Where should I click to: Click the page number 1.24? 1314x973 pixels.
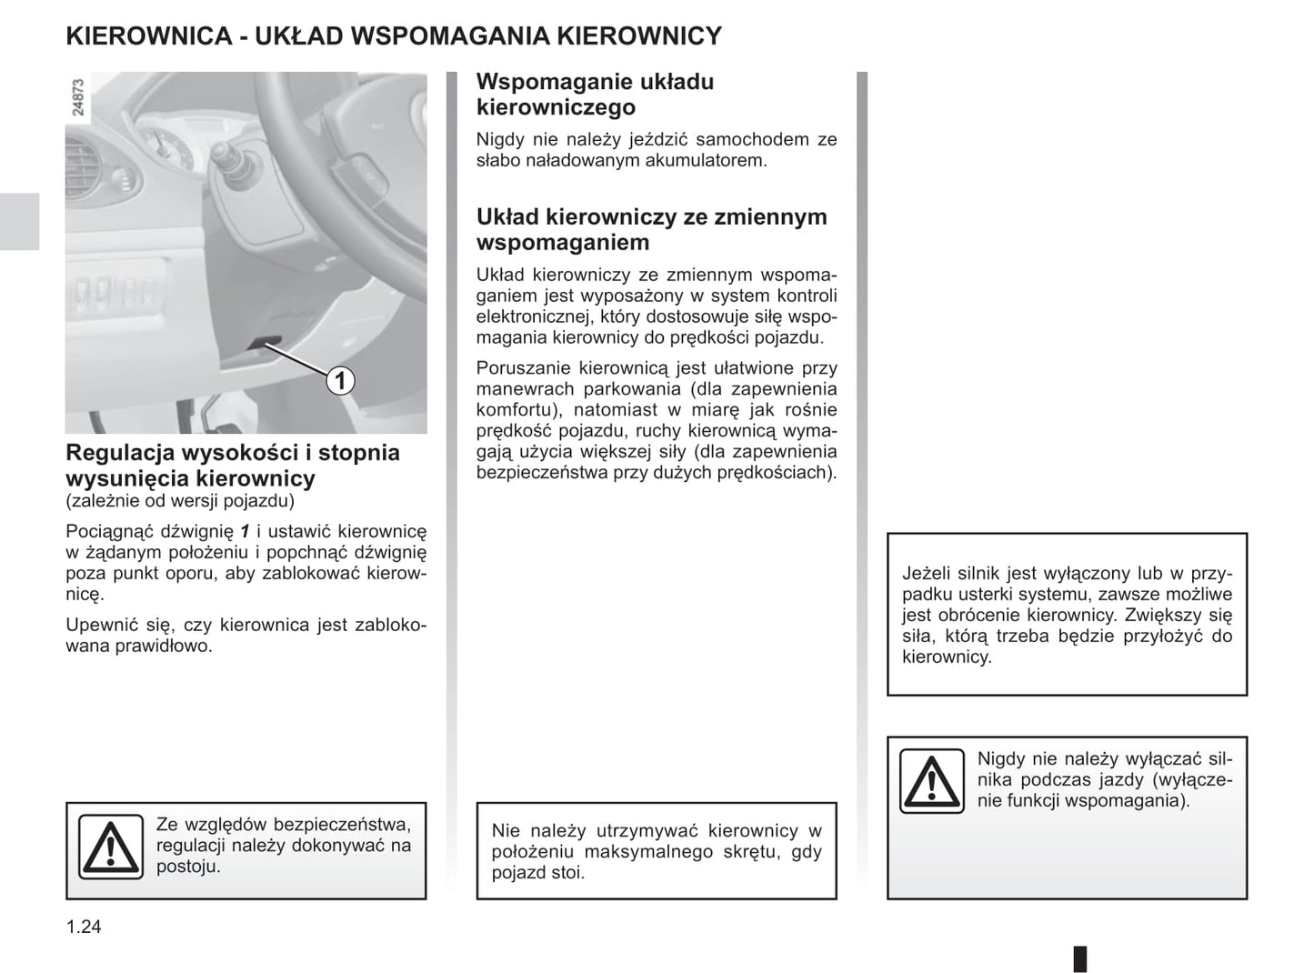click(84, 927)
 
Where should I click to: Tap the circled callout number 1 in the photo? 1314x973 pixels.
click(340, 379)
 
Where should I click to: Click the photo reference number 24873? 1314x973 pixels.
click(78, 97)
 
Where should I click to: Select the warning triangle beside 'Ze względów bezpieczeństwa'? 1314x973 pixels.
click(110, 846)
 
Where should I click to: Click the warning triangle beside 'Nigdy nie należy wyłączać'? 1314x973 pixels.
click(931, 781)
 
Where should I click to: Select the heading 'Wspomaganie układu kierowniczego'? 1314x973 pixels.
click(595, 95)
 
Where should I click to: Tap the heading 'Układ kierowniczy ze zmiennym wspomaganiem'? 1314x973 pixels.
click(651, 229)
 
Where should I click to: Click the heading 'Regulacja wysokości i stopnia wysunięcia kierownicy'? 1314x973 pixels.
click(233, 465)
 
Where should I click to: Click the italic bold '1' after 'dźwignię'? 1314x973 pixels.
click(245, 531)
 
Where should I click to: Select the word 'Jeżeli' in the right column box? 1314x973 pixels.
click(926, 574)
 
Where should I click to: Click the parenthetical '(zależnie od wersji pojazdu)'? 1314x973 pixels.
click(180, 501)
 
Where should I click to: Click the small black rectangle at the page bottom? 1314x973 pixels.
click(1080, 958)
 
